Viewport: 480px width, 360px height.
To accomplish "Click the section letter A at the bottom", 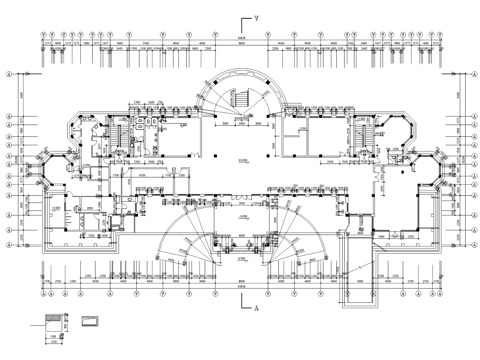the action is (x=258, y=311).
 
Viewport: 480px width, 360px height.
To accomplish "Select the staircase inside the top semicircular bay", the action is (x=239, y=101).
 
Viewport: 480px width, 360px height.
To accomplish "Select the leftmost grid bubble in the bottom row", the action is (x=41, y=295).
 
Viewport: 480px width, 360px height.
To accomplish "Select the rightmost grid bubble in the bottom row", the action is (x=438, y=295).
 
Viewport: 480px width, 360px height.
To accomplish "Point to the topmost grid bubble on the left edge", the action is (x=9, y=75).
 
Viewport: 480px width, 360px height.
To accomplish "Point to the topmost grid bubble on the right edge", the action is (x=472, y=75).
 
